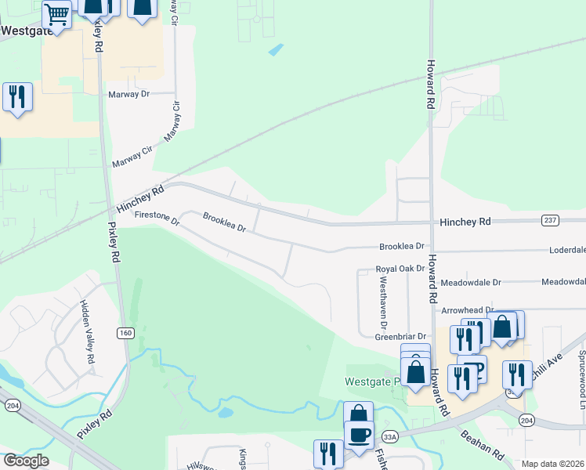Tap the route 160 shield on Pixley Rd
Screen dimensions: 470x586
pyautogui.click(x=125, y=334)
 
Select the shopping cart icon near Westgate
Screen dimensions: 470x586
pyautogui.click(x=56, y=13)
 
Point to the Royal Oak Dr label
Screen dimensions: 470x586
pyautogui.click(x=400, y=268)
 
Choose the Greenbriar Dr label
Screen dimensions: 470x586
pyautogui.click(x=400, y=336)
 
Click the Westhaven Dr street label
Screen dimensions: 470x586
pyautogui.click(x=383, y=305)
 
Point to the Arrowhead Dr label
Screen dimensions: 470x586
pyautogui.click(x=468, y=311)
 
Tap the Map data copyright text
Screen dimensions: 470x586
pyautogui.click(x=552, y=464)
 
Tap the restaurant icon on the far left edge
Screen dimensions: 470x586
pyautogui.click(x=16, y=97)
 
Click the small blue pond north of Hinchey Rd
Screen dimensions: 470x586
pyautogui.click(x=275, y=49)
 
